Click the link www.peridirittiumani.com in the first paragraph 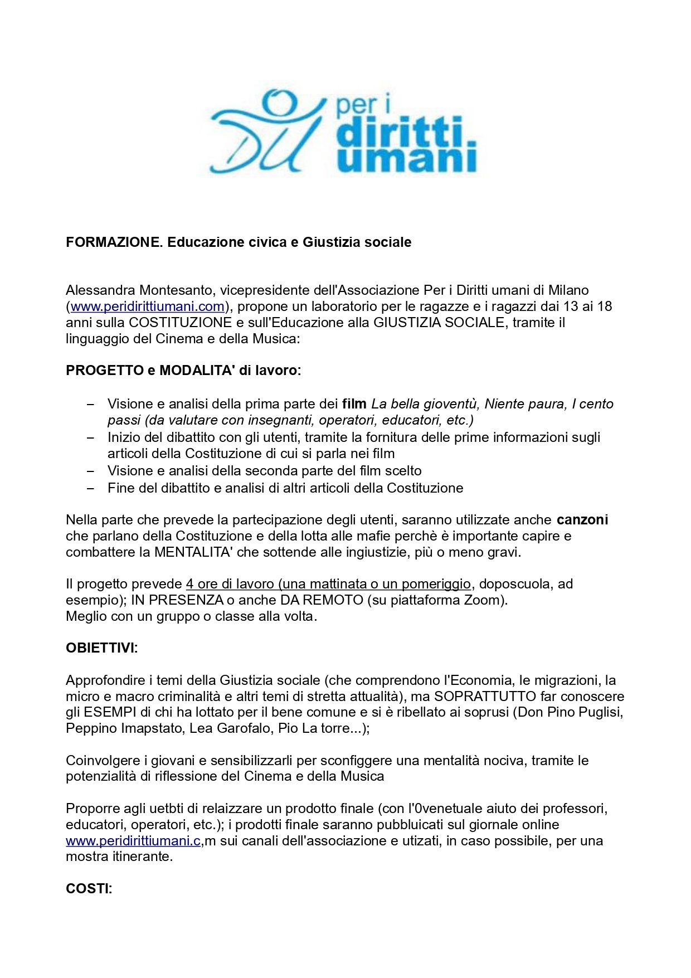(x=147, y=306)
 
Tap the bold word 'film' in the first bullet (x=354, y=403)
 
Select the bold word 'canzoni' (x=582, y=520)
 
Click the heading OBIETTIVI (x=101, y=648)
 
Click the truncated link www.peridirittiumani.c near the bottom (x=133, y=841)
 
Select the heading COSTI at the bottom (x=89, y=889)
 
